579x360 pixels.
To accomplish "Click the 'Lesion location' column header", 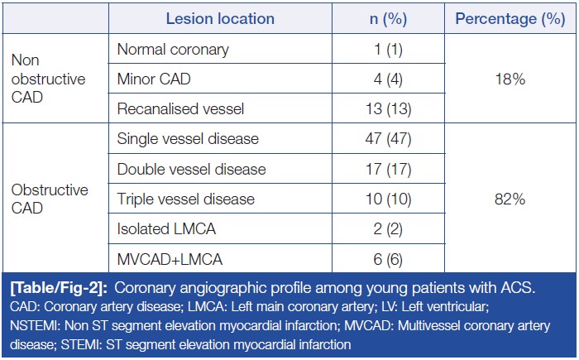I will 220,18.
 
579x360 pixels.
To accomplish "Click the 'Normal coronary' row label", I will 173,50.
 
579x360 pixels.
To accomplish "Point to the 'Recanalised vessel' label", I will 181,109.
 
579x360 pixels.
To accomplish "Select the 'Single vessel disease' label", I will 188,139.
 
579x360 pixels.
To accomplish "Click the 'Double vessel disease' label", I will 191,169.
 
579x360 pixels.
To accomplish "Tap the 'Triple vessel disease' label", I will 186,199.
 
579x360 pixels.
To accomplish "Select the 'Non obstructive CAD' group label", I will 48,79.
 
